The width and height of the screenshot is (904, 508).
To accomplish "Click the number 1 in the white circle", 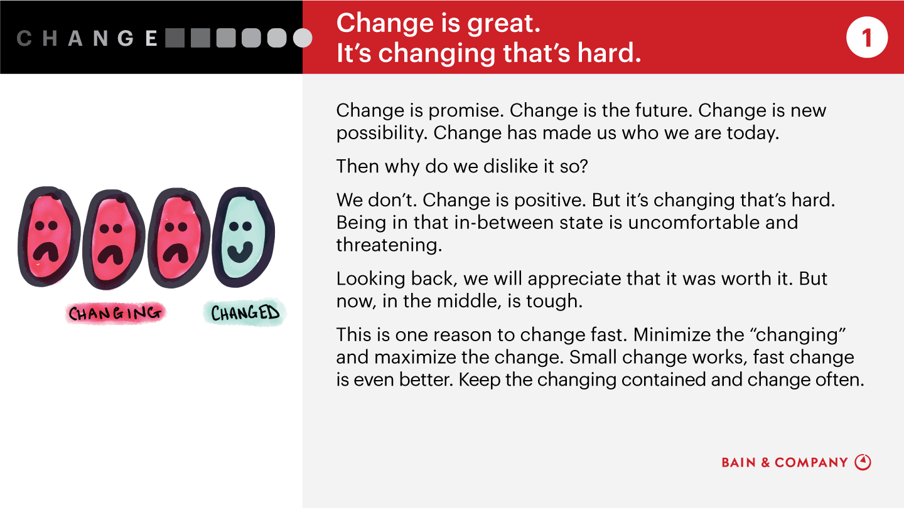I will click(x=867, y=38).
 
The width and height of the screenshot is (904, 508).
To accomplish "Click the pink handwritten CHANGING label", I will click(x=115, y=313).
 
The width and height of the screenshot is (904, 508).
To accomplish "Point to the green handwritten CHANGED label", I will click(x=244, y=313).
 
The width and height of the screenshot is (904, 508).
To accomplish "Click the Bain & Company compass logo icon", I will click(x=863, y=462).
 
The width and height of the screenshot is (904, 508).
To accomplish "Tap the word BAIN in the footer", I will click(x=739, y=463).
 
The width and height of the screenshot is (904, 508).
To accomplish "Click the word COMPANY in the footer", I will click(x=811, y=463).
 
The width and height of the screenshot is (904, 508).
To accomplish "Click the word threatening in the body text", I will click(x=389, y=245).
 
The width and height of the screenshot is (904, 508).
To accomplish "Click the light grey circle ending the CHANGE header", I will click(x=303, y=38).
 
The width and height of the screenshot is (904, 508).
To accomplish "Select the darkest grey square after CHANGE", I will click(x=175, y=38).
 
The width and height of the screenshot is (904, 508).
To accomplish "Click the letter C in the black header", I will click(x=24, y=38).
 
